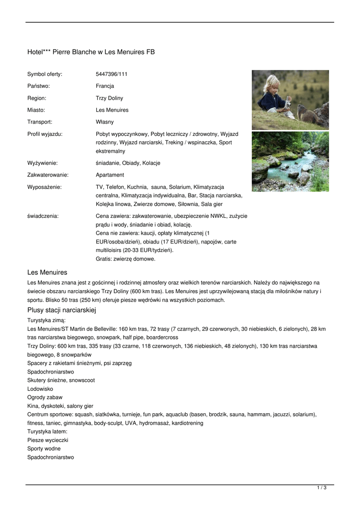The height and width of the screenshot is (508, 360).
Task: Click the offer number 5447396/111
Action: [111, 74]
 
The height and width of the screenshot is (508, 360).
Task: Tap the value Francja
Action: [105, 86]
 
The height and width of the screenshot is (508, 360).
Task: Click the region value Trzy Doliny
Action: [109, 98]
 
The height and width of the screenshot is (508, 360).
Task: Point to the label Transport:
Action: [40, 122]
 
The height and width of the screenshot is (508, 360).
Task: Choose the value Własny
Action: [105, 122]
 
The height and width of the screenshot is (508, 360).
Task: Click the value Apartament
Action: [110, 175]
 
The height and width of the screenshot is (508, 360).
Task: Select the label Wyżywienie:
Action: [42, 163]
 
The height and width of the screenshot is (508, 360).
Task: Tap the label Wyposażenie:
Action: [44, 187]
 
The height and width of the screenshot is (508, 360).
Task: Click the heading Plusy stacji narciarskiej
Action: [62, 310]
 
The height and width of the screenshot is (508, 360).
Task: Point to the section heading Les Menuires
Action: [47, 272]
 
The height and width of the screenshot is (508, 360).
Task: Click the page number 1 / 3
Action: [322, 488]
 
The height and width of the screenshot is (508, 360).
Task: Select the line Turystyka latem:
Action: [48, 432]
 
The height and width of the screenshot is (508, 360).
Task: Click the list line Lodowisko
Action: [40, 389]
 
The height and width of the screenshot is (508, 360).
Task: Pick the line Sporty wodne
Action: [44, 448]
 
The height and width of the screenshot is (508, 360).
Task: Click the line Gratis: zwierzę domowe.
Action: [125, 258]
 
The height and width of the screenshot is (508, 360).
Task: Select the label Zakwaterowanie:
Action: [48, 175]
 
